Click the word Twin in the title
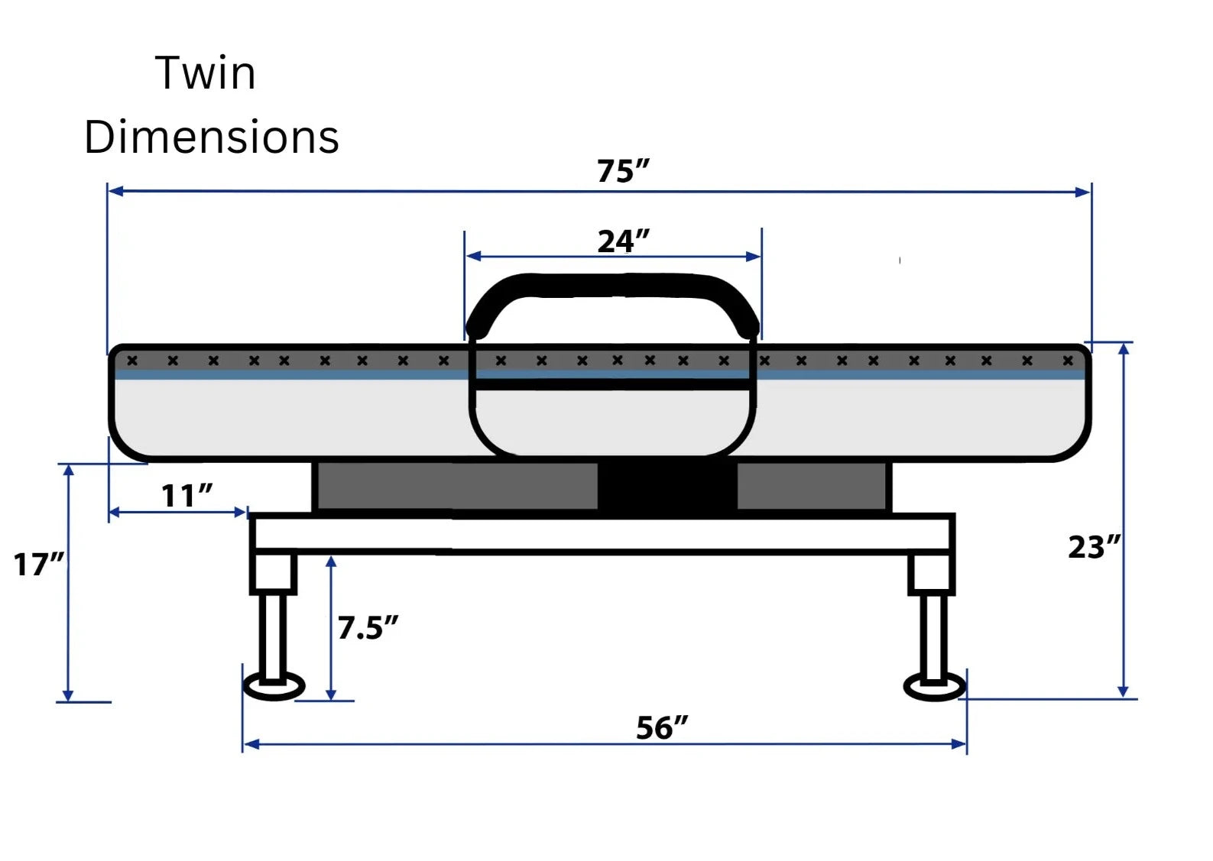(205, 73)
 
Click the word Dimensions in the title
(212, 138)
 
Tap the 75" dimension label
(622, 171)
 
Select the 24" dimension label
(622, 241)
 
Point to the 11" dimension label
(186, 496)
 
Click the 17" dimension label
(38, 565)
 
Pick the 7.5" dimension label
(367, 628)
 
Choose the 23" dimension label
(1093, 547)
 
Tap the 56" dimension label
(661, 727)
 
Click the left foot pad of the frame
(274, 686)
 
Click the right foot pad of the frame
(934, 686)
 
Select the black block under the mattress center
(667, 487)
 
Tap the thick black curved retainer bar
(611, 286)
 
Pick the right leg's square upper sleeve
(931, 574)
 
